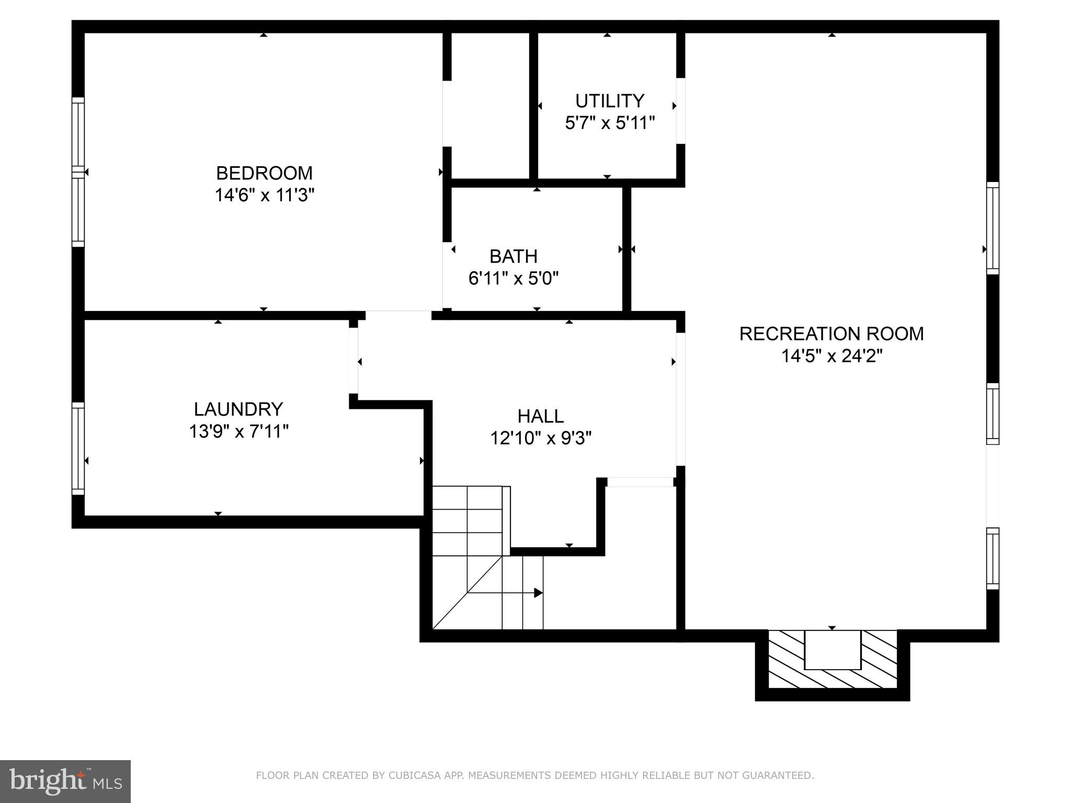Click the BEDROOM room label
pyautogui.click(x=264, y=173)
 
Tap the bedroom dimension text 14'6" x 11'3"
pyautogui.click(x=264, y=196)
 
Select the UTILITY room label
pyautogui.click(x=609, y=100)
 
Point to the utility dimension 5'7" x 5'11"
pyautogui.click(x=610, y=123)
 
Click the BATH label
pyautogui.click(x=514, y=256)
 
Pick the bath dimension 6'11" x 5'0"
pyautogui.click(x=514, y=279)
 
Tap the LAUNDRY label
pyautogui.click(x=238, y=409)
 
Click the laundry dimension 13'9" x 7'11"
pyautogui.click(x=239, y=432)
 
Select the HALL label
pyautogui.click(x=541, y=416)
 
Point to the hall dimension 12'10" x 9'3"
pyautogui.click(x=541, y=438)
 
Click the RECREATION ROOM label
pyautogui.click(x=831, y=334)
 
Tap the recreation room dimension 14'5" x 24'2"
pyautogui.click(x=831, y=357)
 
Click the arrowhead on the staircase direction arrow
pyautogui.click(x=538, y=593)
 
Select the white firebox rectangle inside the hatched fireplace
pyautogui.click(x=832, y=650)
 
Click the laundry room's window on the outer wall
pyautogui.click(x=78, y=449)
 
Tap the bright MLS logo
pyautogui.click(x=65, y=782)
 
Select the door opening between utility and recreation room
pyautogui.click(x=680, y=111)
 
